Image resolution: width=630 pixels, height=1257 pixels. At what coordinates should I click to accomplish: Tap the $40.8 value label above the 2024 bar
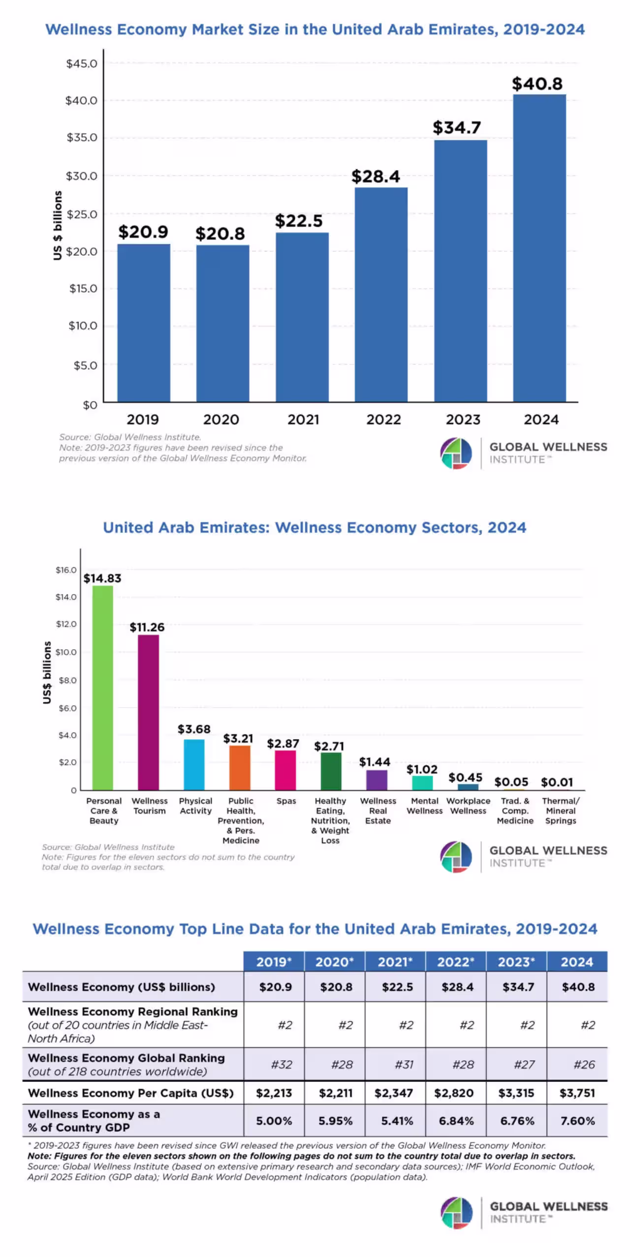[x=537, y=84]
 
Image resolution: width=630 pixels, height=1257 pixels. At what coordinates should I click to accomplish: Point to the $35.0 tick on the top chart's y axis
[x=82, y=137]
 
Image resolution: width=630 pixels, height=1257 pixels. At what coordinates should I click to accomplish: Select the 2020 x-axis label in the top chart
[x=221, y=419]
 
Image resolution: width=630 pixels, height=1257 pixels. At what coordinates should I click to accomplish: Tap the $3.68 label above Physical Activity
[x=194, y=729]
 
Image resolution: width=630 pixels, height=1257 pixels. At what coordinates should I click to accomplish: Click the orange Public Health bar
[x=240, y=768]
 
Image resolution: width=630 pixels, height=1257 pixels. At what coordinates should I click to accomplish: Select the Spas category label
[x=286, y=801]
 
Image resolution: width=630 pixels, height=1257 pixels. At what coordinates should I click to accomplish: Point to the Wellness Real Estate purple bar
[x=377, y=780]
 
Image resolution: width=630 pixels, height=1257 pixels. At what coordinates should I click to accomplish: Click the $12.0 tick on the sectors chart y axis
[x=66, y=624]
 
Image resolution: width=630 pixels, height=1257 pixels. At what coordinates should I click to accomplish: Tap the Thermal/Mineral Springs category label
[x=561, y=810]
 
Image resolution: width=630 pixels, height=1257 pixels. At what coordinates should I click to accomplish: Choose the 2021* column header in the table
[x=395, y=962]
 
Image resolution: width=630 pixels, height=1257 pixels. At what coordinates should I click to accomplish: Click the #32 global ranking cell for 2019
[x=282, y=1065]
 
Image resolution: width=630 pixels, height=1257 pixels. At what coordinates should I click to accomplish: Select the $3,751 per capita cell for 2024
[x=577, y=1093]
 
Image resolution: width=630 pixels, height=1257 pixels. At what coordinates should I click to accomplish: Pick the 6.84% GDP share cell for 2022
[x=456, y=1121]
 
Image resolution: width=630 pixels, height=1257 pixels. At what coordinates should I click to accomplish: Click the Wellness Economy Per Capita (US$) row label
[x=131, y=1093]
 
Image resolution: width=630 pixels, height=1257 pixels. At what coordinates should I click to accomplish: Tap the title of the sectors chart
[x=315, y=528]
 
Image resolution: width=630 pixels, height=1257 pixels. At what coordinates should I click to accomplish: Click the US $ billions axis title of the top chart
[x=58, y=225]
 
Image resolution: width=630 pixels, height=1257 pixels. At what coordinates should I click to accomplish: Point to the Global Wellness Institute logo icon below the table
[x=456, y=1213]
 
